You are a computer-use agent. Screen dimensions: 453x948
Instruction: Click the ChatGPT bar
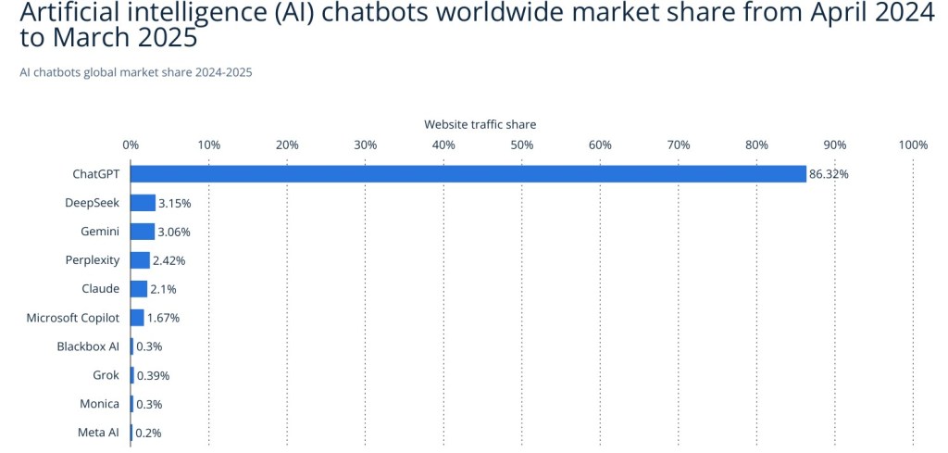(x=468, y=174)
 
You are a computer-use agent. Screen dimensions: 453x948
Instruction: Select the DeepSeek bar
(x=143, y=203)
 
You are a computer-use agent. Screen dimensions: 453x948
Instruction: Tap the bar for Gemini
(x=143, y=232)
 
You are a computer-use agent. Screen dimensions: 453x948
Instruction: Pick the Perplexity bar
(x=140, y=260)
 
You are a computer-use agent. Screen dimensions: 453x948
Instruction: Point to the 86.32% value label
(x=829, y=174)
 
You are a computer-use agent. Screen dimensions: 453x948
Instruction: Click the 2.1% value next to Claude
(x=163, y=289)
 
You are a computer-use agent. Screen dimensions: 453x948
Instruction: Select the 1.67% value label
(x=163, y=318)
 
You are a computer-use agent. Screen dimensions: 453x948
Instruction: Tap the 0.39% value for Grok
(x=153, y=375)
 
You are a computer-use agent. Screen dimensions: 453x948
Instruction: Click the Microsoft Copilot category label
(x=73, y=318)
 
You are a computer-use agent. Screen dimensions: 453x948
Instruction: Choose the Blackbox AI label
(x=88, y=346)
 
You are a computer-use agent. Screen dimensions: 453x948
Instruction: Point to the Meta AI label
(x=98, y=432)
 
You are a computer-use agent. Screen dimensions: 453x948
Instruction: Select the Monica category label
(x=99, y=404)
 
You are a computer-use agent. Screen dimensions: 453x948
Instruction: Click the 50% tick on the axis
(x=522, y=145)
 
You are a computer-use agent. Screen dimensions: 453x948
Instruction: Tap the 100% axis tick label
(x=913, y=145)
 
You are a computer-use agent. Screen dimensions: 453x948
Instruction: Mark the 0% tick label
(x=131, y=145)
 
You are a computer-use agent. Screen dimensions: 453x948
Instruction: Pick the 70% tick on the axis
(x=679, y=145)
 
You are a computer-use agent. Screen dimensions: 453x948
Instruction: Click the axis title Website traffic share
(x=480, y=124)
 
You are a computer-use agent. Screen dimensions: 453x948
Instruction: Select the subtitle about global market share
(x=135, y=72)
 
